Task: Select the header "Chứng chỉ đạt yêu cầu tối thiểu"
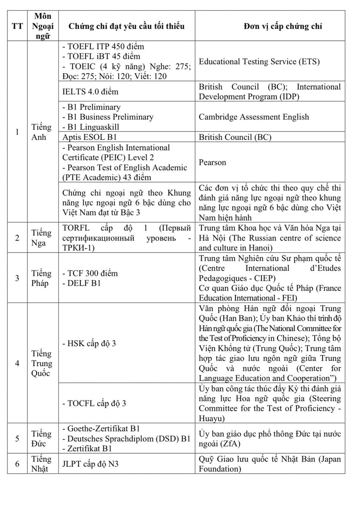126,26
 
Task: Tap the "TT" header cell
17,26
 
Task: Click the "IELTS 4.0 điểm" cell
91,91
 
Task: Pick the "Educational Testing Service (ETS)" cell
259,62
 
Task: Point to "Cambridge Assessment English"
254,117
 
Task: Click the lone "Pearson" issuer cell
213,162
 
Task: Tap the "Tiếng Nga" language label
42,237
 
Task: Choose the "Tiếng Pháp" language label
42,278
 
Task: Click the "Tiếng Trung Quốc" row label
42,364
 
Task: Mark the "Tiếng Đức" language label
42,439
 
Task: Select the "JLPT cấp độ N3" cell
91,464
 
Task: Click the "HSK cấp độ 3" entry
92,344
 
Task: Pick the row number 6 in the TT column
17,464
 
